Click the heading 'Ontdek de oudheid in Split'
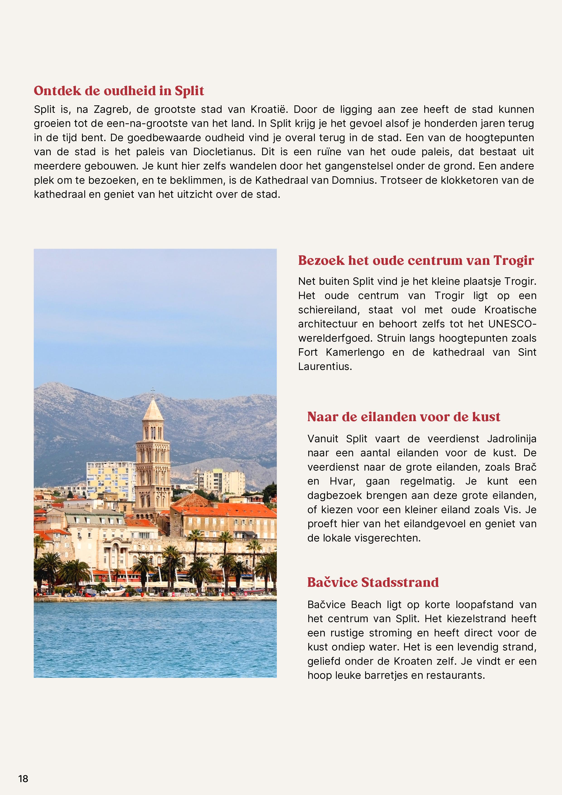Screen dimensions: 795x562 pos(119,91)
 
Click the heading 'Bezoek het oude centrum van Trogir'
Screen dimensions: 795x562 pos(416,260)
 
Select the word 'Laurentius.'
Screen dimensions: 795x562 pos(325,366)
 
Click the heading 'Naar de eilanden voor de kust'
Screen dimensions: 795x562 pos(404,417)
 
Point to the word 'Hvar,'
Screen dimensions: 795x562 pos(343,481)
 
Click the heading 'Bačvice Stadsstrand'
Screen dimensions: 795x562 pos(373,582)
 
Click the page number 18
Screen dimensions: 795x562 pos(23,779)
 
